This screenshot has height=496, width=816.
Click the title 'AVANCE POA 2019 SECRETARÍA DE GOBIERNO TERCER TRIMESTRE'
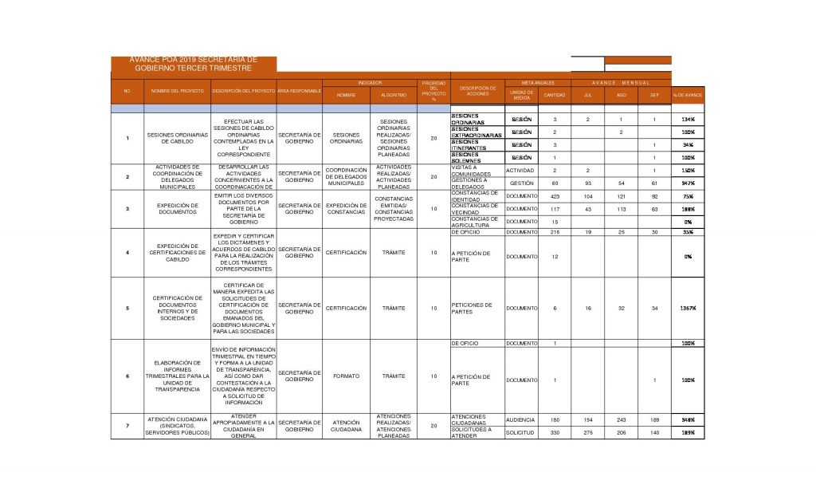tap(195, 65)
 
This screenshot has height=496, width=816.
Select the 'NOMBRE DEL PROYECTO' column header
tap(178, 92)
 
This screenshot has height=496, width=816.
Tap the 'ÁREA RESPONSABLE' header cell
tap(300, 92)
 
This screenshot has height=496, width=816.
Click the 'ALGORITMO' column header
tap(394, 95)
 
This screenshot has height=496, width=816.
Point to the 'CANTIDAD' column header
tap(555, 95)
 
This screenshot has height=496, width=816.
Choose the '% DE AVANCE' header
tap(688, 95)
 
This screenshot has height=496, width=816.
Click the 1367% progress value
tap(688, 308)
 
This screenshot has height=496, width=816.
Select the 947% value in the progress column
tap(688, 183)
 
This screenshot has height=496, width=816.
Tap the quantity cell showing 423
tap(555, 196)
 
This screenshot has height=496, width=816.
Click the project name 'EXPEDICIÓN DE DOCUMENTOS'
tap(178, 209)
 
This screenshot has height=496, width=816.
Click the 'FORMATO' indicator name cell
tap(346, 376)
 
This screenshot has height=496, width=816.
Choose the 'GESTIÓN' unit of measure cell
tap(521, 183)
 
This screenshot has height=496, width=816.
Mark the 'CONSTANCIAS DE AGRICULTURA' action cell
tap(474, 222)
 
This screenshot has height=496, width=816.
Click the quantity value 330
tap(555, 432)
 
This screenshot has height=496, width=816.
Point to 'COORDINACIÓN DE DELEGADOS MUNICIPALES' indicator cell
tap(346, 176)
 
